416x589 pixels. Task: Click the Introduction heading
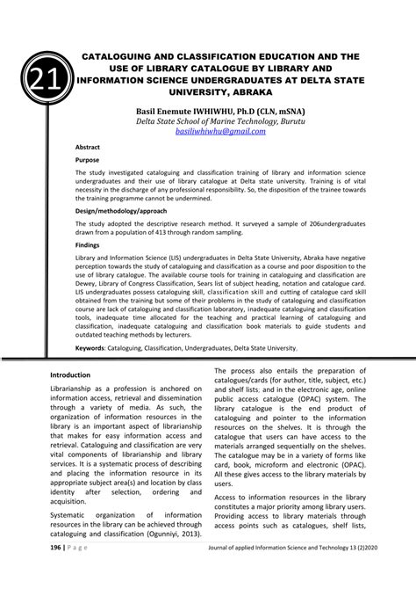pyautogui.click(x=77, y=398)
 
